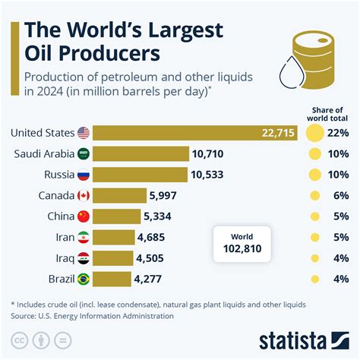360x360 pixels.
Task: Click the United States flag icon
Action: point(84,134)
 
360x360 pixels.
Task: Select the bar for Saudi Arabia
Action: point(142,154)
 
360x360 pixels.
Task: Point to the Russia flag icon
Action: point(84,175)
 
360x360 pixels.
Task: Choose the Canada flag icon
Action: point(84,195)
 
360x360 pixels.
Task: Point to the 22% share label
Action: point(338,134)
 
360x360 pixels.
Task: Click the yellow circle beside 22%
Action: point(313,134)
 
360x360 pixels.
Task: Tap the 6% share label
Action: point(338,195)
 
